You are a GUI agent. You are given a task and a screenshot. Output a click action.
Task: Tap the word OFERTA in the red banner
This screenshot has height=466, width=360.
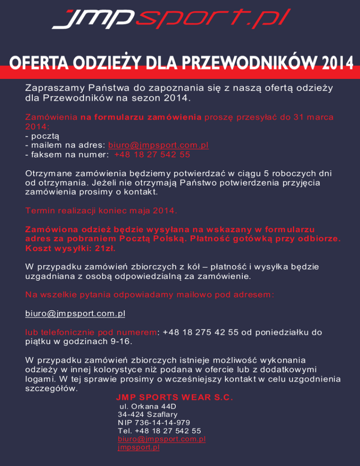point(32,62)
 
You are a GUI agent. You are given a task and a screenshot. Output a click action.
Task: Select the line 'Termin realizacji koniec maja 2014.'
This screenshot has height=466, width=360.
point(101,211)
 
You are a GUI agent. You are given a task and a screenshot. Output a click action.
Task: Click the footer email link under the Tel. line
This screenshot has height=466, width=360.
point(162,439)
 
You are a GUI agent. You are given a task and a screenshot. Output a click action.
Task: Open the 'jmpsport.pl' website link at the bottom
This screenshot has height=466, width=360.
point(139,447)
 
